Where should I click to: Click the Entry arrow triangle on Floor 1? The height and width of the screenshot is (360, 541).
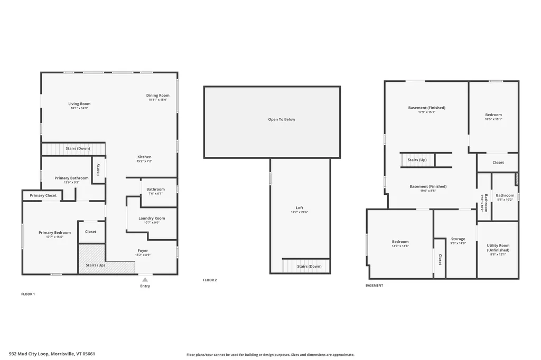pos(145,280)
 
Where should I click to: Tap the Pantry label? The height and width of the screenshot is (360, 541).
pos(98,169)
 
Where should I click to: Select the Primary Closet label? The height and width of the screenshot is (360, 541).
pos(43,195)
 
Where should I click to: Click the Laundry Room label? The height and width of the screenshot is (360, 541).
pos(152,219)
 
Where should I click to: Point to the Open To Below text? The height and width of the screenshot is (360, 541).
pos(282,119)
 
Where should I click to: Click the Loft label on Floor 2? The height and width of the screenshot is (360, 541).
pos(300,207)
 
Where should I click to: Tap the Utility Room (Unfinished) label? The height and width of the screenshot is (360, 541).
pos(498,248)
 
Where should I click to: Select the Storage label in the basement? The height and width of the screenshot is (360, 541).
pos(458,239)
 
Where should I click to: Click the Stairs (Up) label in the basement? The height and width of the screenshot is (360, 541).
pos(417,160)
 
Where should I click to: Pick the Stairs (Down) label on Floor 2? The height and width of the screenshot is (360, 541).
pos(309,266)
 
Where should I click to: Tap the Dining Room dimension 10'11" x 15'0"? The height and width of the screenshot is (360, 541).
pos(157,100)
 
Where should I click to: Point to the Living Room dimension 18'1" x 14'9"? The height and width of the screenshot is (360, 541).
pos(79,108)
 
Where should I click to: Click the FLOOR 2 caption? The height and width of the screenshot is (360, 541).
pos(210,280)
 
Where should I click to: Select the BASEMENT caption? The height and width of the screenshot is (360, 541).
pos(375,286)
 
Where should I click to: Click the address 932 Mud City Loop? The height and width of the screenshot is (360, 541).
pos(29,354)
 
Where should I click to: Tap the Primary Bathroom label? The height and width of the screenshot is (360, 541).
pos(71,178)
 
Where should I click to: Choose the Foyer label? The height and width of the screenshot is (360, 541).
pos(143,251)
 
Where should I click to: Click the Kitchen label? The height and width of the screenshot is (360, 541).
pos(144,157)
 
